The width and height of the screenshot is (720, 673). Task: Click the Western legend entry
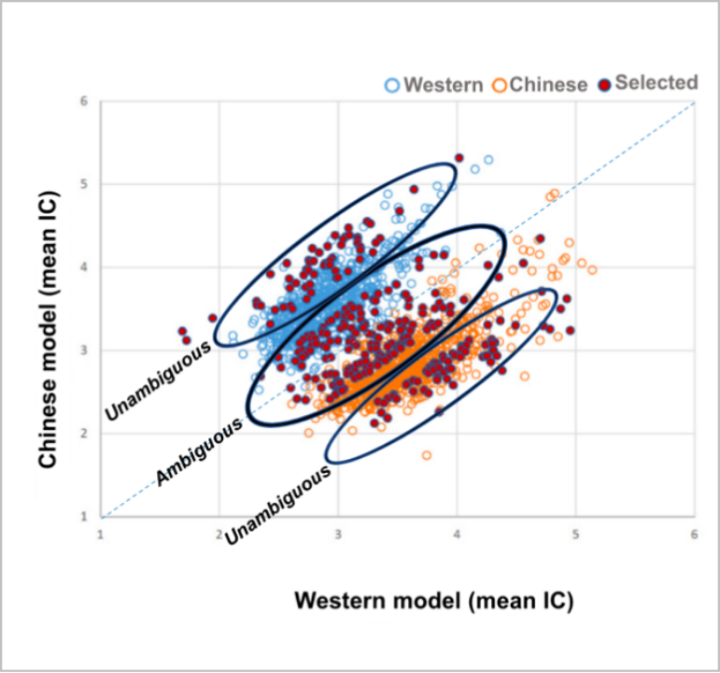coord(433,85)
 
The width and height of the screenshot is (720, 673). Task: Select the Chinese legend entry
coord(541,85)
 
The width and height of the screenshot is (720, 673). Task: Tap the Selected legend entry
coord(647,83)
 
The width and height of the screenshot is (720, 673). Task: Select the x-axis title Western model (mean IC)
coord(433,600)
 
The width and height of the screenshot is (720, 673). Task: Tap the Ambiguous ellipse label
coord(199,451)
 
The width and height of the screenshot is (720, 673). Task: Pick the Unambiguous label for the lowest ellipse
coord(279,503)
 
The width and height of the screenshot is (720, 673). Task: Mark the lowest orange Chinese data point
coord(427,455)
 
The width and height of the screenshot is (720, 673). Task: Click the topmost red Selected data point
coord(459,158)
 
